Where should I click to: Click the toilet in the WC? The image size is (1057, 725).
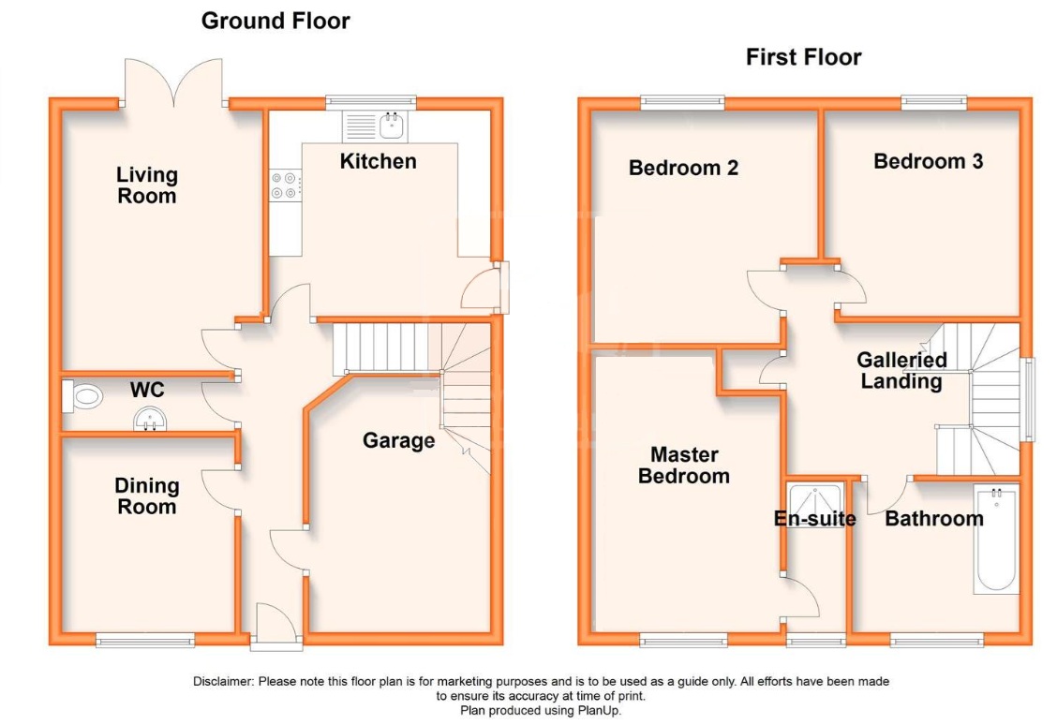82,395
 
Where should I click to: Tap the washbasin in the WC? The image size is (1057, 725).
150,420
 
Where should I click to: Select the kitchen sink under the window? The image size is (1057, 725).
374,126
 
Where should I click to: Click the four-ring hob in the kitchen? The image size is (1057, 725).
285,185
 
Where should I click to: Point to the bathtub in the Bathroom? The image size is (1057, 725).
995,540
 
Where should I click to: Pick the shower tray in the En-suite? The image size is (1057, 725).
815,505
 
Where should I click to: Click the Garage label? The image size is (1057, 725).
398,440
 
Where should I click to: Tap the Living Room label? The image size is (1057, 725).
147,185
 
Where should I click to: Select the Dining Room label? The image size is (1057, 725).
147,496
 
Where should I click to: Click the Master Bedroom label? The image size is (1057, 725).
683,466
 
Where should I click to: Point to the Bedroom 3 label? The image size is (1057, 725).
929,162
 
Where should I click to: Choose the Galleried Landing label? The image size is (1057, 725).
901,371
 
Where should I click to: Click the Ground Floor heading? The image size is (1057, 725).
275,21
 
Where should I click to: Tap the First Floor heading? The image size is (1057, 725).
804,57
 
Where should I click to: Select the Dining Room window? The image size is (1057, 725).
145,640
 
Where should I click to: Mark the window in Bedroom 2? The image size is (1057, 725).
682,103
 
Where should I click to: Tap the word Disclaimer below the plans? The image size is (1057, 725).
223,682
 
